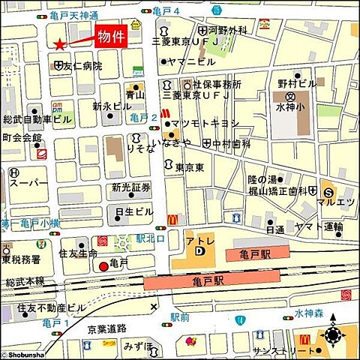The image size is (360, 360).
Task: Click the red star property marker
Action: tap(59, 44)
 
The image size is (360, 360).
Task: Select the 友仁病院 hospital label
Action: tap(83, 66)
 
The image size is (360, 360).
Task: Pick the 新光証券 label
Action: tap(131, 187)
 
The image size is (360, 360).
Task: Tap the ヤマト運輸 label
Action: tap(319, 226)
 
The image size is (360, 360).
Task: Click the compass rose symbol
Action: tap(332, 336)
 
